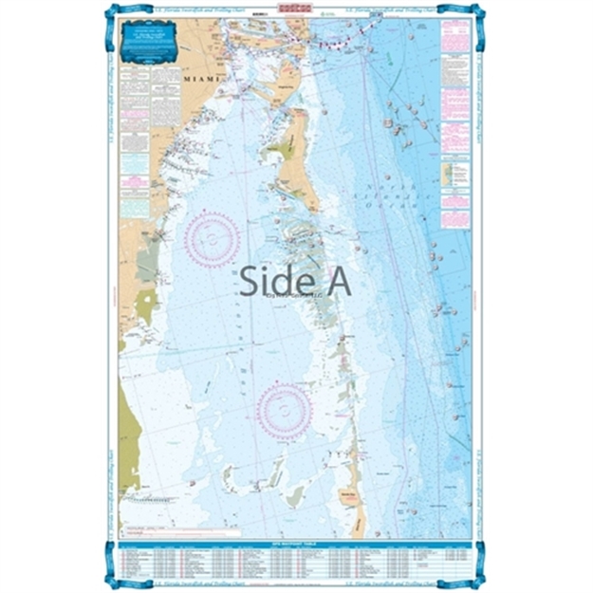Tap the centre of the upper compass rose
211,238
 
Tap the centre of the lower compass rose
285,412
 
